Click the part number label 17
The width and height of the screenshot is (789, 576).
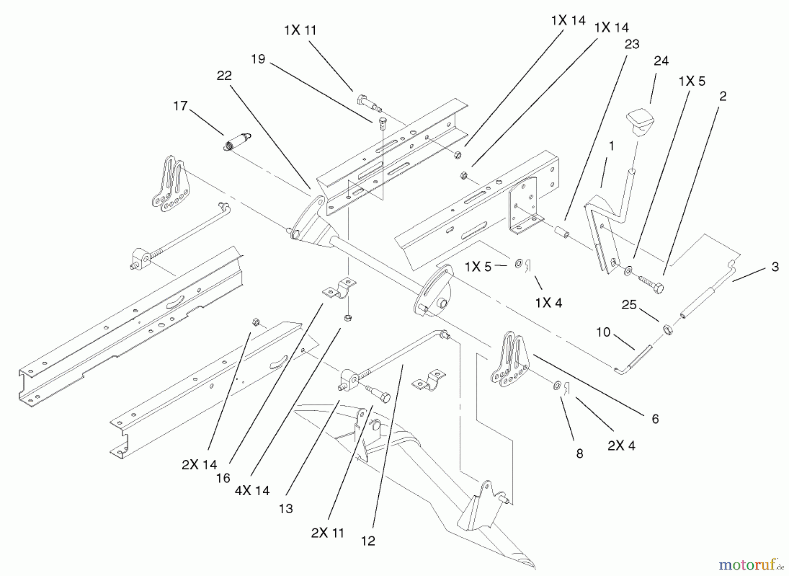(180, 106)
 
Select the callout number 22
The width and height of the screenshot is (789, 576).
(224, 75)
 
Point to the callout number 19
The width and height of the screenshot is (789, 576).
(258, 59)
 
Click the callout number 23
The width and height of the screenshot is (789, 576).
(632, 44)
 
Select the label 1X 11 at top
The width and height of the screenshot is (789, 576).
(300, 30)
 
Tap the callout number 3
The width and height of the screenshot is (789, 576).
(775, 267)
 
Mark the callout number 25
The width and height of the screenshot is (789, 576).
(629, 304)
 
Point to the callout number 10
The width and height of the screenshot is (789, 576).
(603, 332)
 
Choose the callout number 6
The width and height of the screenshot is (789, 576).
(655, 419)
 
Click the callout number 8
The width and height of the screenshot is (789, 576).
(579, 454)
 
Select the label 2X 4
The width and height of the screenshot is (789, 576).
(621, 445)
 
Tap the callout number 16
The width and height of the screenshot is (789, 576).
(223, 478)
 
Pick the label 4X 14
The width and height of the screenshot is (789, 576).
(252, 490)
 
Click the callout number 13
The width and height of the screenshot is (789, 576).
(286, 509)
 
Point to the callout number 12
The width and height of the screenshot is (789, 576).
(368, 541)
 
